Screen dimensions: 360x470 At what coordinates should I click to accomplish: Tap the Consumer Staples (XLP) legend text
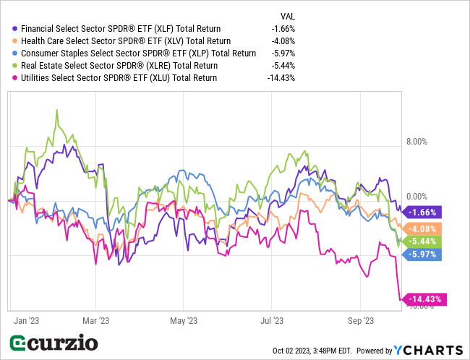[138, 53]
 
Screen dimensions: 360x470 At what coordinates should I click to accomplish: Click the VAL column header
[287, 14]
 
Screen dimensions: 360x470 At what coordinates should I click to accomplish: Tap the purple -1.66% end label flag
[423, 213]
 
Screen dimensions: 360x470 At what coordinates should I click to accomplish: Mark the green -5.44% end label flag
[423, 241]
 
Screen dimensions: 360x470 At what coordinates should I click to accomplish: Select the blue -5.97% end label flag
[423, 254]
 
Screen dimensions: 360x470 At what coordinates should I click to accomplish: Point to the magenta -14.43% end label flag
[425, 299]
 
